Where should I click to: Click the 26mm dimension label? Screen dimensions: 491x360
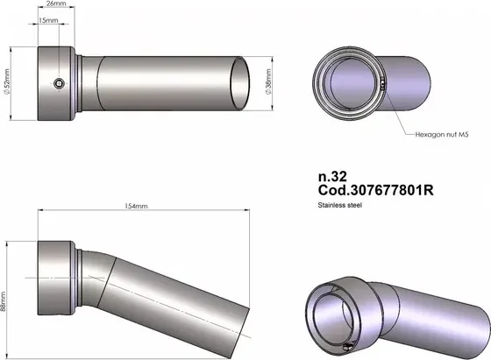coord(56,4)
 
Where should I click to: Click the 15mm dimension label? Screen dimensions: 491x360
coord(48,20)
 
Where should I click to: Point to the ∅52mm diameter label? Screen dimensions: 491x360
coord(7,81)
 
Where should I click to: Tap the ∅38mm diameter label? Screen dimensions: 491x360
coord(268,82)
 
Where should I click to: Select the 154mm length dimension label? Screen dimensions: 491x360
coord(136,206)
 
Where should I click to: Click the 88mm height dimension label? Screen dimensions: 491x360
coord(3,301)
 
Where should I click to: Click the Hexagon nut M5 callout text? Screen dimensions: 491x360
coord(442,135)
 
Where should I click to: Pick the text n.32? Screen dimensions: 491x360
coord(332,177)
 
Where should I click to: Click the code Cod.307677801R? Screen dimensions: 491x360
coord(376,190)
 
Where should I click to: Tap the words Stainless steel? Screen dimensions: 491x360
coord(340,205)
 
